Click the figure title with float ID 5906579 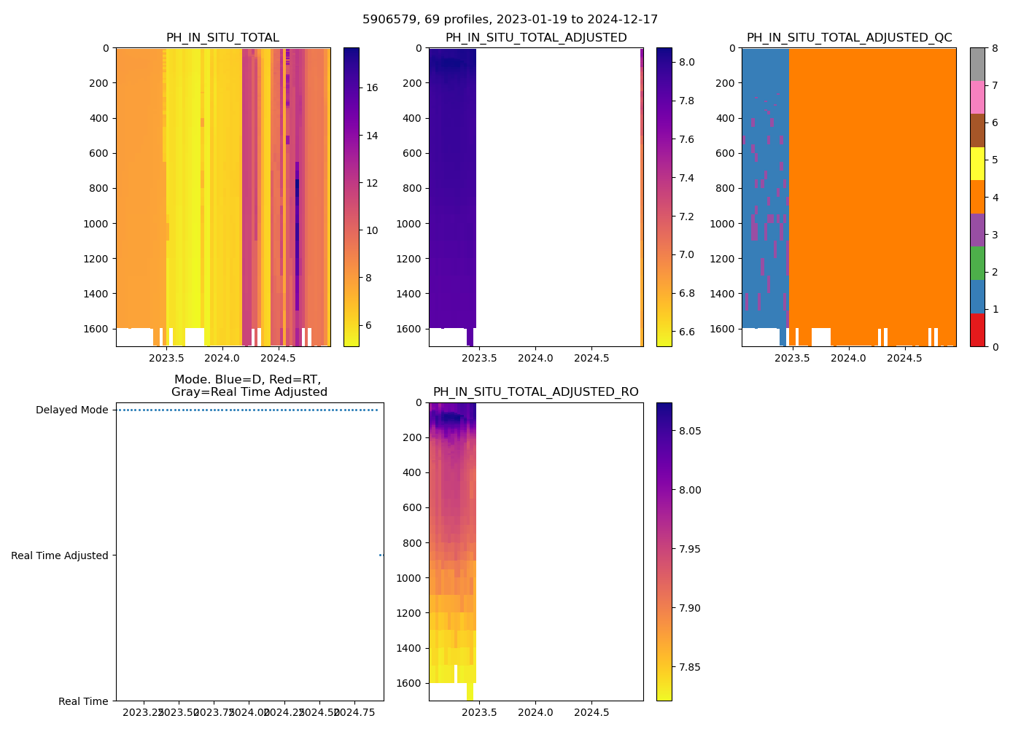coord(510,20)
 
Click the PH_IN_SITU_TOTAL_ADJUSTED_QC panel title coord(849,38)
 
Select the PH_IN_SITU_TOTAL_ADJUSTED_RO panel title coord(536,392)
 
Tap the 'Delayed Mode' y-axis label coord(71,410)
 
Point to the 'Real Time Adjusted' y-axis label coord(60,555)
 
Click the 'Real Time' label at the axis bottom coord(83,701)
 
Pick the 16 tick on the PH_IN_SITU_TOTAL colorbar coord(372,87)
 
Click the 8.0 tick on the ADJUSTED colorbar coord(687,63)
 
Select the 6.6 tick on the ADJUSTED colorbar coord(687,332)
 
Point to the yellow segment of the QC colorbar coord(977,164)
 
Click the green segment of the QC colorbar coord(977,263)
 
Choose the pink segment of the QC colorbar coord(977,98)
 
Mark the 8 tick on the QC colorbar coord(993,49)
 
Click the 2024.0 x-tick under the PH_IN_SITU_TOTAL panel coord(222,359)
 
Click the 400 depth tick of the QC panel coord(725,118)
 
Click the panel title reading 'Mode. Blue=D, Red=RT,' coord(249,380)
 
